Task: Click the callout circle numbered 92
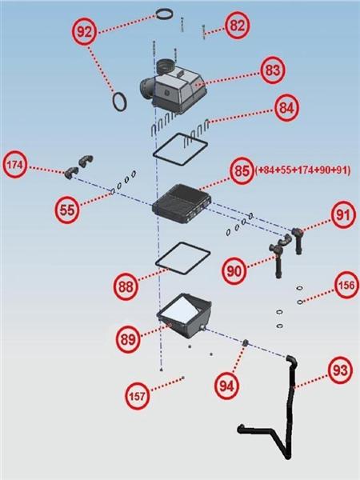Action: [84, 32]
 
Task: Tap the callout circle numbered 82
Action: [238, 26]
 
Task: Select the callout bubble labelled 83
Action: [273, 70]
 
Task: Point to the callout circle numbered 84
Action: [286, 108]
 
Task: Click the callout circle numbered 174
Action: [14, 165]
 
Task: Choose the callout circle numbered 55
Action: [67, 210]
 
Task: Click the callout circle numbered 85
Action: [242, 171]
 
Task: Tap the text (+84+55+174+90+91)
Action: [302, 170]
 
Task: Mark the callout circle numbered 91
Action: [342, 215]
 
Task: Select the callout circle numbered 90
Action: [234, 270]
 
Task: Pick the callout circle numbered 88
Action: [126, 287]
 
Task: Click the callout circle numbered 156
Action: [346, 286]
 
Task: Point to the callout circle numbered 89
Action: [128, 339]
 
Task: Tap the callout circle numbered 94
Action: [226, 386]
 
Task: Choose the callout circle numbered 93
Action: [340, 370]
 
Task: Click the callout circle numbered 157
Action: [137, 397]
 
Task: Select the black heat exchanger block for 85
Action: [182, 203]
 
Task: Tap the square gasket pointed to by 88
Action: [156, 262]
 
